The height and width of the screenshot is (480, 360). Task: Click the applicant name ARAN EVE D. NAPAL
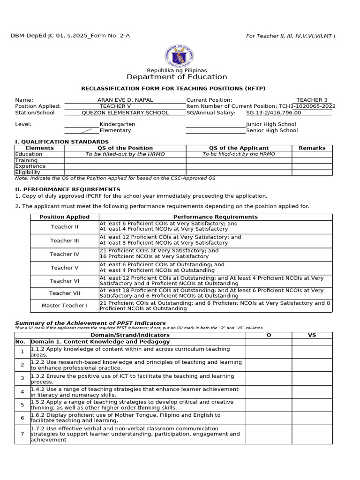click(125, 100)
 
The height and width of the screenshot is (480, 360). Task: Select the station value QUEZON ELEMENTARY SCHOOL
click(125, 112)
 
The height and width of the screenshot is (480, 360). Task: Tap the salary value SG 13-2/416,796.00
click(273, 112)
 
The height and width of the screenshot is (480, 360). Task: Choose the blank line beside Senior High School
click(216, 130)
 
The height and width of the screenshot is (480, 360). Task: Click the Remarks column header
click(312, 148)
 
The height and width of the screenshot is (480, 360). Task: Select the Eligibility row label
click(28, 172)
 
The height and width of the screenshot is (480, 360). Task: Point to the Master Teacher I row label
click(65, 306)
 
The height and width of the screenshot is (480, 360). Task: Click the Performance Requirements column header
click(215, 217)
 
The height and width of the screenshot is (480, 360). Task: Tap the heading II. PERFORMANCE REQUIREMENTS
click(67, 189)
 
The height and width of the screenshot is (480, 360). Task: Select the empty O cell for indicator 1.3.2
click(269, 379)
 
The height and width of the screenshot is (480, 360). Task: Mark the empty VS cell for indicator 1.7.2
click(312, 434)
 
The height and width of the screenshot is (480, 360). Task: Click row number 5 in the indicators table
click(22, 405)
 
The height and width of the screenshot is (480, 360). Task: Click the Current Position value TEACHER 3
click(312, 100)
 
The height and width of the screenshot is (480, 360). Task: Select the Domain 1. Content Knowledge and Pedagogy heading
click(100, 342)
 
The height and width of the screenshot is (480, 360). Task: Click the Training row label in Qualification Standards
click(26, 160)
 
